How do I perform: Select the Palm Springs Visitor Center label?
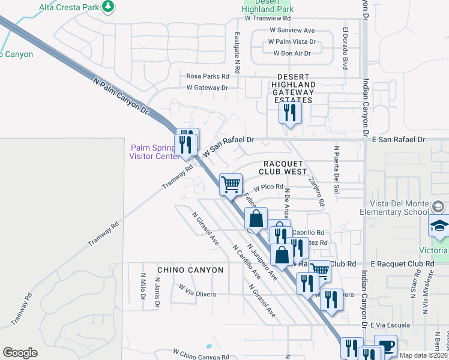[x=154, y=152]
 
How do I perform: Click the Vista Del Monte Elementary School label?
[x=408, y=208]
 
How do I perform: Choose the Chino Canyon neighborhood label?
[x=190, y=270]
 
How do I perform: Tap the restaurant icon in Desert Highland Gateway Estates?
[x=291, y=112]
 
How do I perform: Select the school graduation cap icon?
[x=439, y=226]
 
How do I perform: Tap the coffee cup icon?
[x=385, y=346]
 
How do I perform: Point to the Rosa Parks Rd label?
[x=208, y=76]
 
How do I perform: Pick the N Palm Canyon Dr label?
[x=121, y=94]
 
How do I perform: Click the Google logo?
[x=20, y=352]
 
